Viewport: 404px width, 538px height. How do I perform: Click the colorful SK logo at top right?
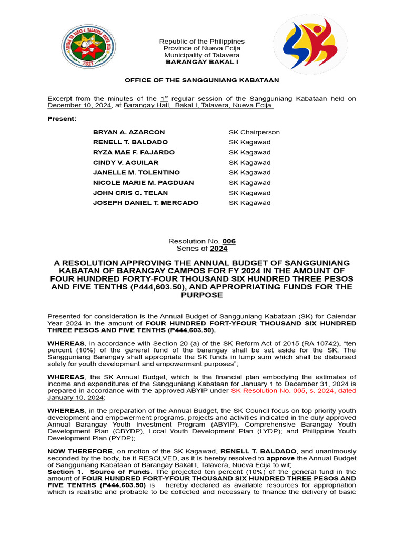point(309,44)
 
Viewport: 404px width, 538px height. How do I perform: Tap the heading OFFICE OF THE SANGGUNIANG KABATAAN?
point(201,80)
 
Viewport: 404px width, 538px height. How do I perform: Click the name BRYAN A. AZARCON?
point(129,132)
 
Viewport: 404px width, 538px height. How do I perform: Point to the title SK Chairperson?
point(254,132)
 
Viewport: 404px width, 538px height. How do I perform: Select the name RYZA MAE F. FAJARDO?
point(134,152)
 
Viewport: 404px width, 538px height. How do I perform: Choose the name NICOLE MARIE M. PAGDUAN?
point(143,183)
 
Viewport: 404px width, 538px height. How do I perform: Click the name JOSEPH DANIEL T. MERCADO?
point(146,203)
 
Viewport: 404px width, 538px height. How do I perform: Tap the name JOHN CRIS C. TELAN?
point(130,193)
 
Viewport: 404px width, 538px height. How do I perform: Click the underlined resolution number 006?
point(229,241)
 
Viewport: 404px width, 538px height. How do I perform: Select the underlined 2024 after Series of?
point(219,249)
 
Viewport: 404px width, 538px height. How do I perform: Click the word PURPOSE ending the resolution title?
point(201,295)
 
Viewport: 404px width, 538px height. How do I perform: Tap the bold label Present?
point(62,119)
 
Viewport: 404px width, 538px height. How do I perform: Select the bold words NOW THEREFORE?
point(79,451)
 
